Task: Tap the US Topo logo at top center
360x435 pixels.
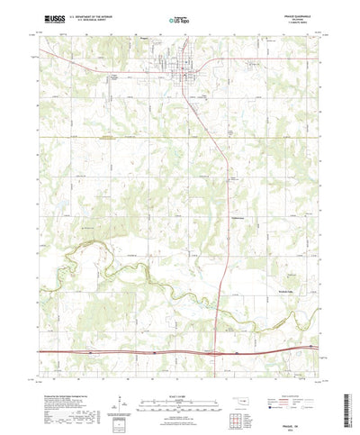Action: tap(179, 18)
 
